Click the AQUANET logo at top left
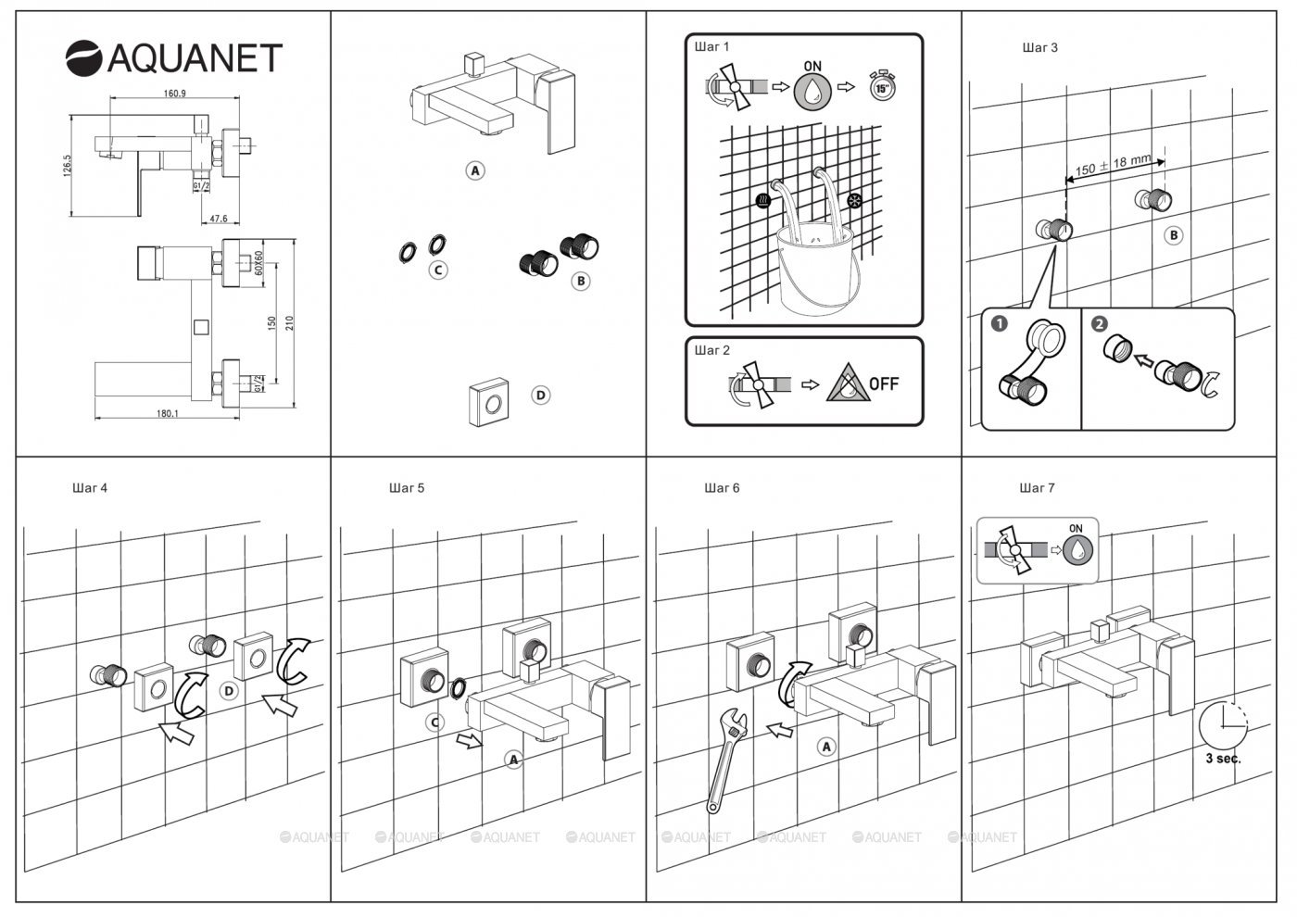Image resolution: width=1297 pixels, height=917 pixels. [x=173, y=57]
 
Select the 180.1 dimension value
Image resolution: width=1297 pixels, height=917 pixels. [x=168, y=414]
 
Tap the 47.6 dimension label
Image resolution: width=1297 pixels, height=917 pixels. [x=218, y=219]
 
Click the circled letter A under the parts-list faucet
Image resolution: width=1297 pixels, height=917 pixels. [x=475, y=170]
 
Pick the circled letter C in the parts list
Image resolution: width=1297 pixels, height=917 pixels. [x=438, y=270]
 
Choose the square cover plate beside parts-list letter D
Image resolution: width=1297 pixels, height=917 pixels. [x=489, y=401]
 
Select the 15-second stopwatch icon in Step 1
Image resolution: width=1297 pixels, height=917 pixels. [x=883, y=86]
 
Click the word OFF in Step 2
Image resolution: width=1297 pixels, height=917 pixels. [x=884, y=383]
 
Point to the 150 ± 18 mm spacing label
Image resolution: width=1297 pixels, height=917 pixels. [x=1113, y=165]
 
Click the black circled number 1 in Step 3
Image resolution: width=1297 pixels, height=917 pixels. [x=999, y=324]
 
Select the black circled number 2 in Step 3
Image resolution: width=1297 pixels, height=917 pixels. [x=1099, y=324]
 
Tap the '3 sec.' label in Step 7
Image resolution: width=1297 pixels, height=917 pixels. [x=1223, y=757]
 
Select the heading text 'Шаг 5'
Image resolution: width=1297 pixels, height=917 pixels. [x=407, y=487]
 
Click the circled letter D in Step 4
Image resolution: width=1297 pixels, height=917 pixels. [x=229, y=690]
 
